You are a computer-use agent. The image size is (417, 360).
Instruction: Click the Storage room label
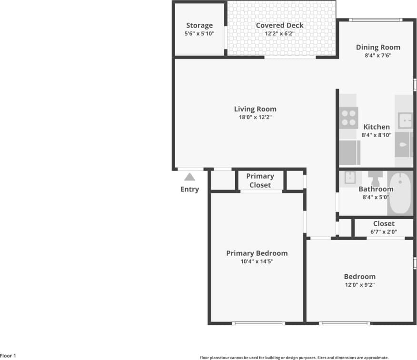pyautogui.click(x=199, y=25)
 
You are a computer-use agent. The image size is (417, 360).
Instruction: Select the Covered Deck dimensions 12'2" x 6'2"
pyautogui.click(x=279, y=34)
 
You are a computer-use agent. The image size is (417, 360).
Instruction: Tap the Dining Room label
pyautogui.click(x=378, y=47)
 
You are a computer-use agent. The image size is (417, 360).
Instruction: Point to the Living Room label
pyautogui.click(x=255, y=109)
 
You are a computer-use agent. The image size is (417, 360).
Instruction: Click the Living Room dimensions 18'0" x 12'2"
pyautogui.click(x=255, y=117)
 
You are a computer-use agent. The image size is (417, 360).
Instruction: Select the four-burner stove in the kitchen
pyautogui.click(x=348, y=118)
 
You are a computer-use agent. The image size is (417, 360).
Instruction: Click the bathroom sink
pyautogui.click(x=350, y=177)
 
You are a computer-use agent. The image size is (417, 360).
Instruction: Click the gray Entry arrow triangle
pyautogui.click(x=189, y=177)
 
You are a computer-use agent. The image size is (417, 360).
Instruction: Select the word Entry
pyautogui.click(x=189, y=189)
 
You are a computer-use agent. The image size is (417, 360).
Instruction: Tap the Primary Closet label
pyautogui.click(x=260, y=180)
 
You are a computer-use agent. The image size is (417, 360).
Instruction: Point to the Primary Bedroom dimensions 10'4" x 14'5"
pyautogui.click(x=257, y=261)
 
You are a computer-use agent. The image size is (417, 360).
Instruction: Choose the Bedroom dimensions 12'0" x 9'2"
pyautogui.click(x=359, y=284)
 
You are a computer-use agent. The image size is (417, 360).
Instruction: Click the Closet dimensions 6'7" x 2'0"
pyautogui.click(x=384, y=232)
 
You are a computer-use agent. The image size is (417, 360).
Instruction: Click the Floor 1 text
pyautogui.click(x=8, y=356)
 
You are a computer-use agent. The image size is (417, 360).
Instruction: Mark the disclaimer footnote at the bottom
pyautogui.click(x=294, y=357)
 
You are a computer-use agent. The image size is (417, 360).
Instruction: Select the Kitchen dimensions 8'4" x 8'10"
pyautogui.click(x=376, y=135)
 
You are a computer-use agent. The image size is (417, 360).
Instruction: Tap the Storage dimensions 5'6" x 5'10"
pyautogui.click(x=199, y=34)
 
